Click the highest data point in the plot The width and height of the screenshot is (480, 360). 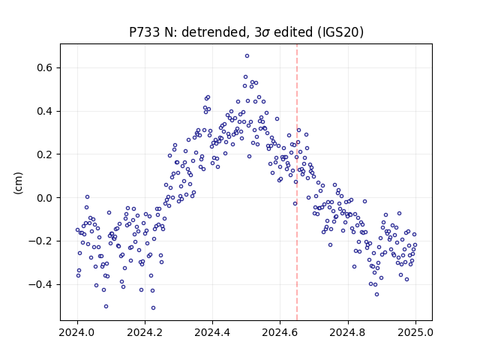click(247, 56)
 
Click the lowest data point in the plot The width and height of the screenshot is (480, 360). click(153, 308)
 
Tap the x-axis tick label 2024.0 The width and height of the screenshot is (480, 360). click(77, 332)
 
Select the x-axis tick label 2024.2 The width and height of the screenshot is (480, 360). click(145, 332)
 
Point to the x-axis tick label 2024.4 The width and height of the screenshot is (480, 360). click(212, 332)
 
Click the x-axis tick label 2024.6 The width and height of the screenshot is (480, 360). click(280, 332)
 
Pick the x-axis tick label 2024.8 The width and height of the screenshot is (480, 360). click(348, 332)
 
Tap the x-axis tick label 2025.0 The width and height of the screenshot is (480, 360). click(415, 332)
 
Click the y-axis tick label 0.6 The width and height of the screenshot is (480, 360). click(44, 67)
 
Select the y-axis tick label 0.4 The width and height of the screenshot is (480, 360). click(44, 111)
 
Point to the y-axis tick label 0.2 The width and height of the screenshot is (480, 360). click(44, 154)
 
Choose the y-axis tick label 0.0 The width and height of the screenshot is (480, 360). click(44, 198)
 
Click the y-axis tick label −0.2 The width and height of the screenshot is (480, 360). click(40, 241)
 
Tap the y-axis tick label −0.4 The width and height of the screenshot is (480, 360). click(40, 285)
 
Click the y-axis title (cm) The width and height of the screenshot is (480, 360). click(18, 183)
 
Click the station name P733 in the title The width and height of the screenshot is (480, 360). click(145, 32)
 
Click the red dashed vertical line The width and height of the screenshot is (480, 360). click(297, 182)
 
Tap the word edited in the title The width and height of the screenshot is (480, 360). click(293, 32)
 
